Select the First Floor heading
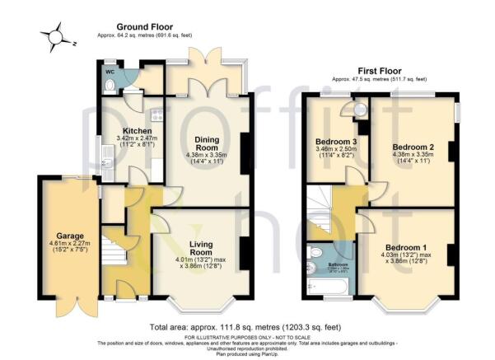pos(380,71)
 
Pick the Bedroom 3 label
pos(336,142)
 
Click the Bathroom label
pos(338,243)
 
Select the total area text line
pos(248,327)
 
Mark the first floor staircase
pos(323,211)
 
